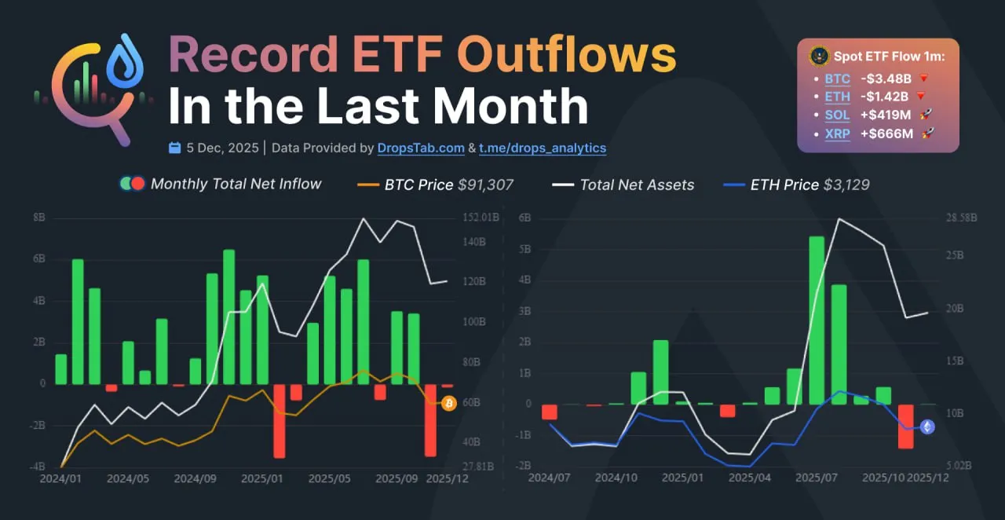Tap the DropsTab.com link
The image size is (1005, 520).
point(421,148)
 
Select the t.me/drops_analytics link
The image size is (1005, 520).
point(543,148)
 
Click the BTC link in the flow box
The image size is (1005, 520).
point(837,79)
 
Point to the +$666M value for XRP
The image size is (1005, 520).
point(886,134)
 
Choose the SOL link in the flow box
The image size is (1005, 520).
point(837,115)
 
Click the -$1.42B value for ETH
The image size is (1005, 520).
point(884,97)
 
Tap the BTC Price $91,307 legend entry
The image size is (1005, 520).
point(435,185)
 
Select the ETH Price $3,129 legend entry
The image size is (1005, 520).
point(796,185)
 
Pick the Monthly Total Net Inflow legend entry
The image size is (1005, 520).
point(221,184)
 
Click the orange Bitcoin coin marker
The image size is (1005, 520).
point(449,404)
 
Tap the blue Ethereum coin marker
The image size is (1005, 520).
point(927,427)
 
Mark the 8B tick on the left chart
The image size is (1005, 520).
point(38,218)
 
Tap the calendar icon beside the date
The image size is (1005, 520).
point(175,148)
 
